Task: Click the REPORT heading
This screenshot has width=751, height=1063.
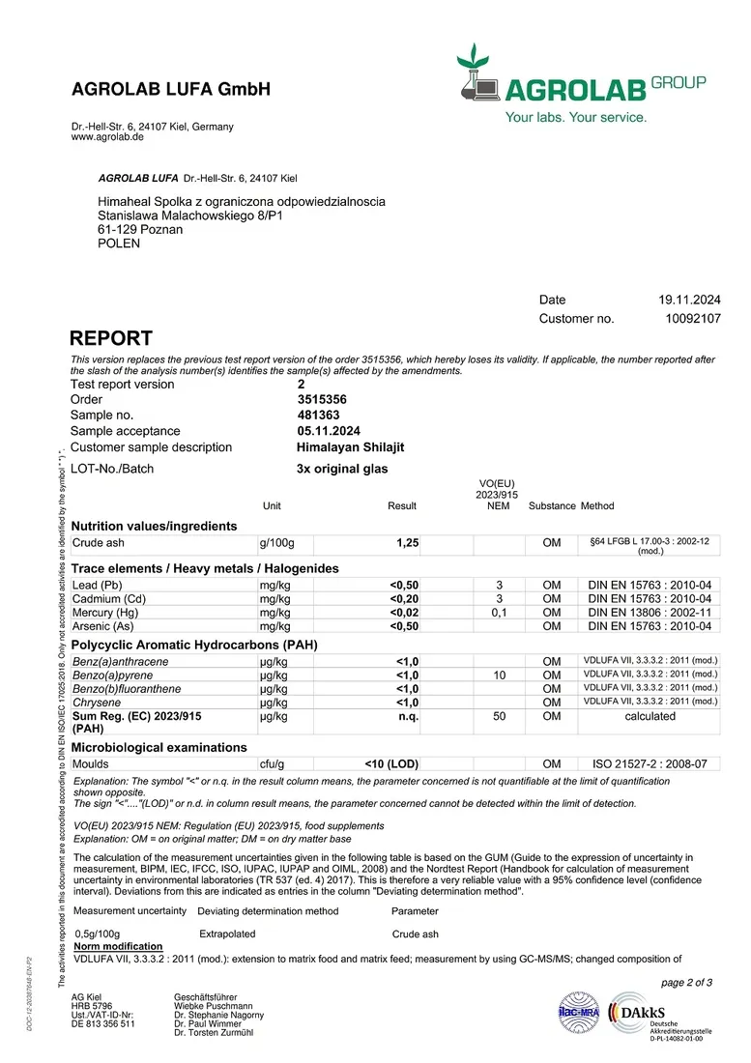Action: point(111,338)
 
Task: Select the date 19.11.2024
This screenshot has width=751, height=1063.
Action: point(690,300)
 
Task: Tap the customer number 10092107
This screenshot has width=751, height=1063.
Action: point(693,318)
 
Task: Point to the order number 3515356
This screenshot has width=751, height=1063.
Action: point(322,399)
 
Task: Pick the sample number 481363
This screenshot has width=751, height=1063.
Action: point(318,415)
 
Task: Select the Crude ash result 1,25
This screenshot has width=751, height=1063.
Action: point(408,543)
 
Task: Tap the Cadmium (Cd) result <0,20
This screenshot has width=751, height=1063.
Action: point(404,599)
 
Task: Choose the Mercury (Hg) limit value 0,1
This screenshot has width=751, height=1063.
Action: point(499,613)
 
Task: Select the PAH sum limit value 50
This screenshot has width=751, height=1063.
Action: point(499,716)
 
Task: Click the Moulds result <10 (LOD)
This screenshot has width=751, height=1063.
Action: point(391,763)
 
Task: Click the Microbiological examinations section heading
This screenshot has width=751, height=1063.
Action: point(159,747)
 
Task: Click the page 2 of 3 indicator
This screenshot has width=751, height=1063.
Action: point(686,983)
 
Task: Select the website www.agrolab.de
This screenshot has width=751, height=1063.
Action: point(107,137)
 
